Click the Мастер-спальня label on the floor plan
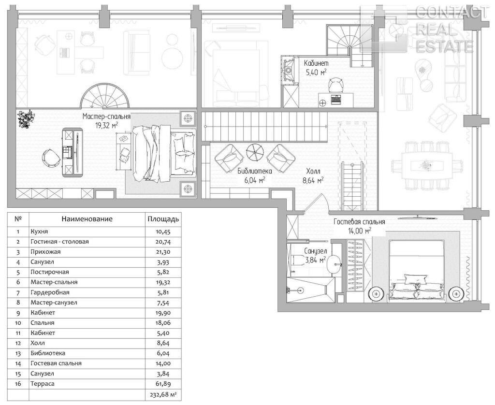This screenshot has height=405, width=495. click(x=106, y=116)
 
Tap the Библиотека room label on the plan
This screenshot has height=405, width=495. click(x=254, y=172)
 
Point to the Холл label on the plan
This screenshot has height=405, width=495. click(x=313, y=172)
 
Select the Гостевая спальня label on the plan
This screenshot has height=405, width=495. click(x=359, y=222)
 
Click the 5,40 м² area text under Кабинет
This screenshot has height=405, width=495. click(x=316, y=72)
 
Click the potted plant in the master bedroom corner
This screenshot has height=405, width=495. click(x=25, y=119)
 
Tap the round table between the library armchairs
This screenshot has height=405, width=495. click(x=255, y=153)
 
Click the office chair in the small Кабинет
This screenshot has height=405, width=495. click(x=335, y=84)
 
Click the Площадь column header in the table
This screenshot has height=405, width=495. click(x=163, y=219)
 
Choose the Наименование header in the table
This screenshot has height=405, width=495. click(x=87, y=219)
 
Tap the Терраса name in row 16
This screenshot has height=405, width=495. click(x=43, y=384)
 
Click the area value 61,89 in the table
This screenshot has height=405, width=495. click(x=163, y=384)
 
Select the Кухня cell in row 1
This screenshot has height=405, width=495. click(x=39, y=231)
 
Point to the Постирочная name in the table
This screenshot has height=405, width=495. click(x=50, y=272)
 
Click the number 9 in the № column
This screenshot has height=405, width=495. click(x=18, y=313)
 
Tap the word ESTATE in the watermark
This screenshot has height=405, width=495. click(x=445, y=46)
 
